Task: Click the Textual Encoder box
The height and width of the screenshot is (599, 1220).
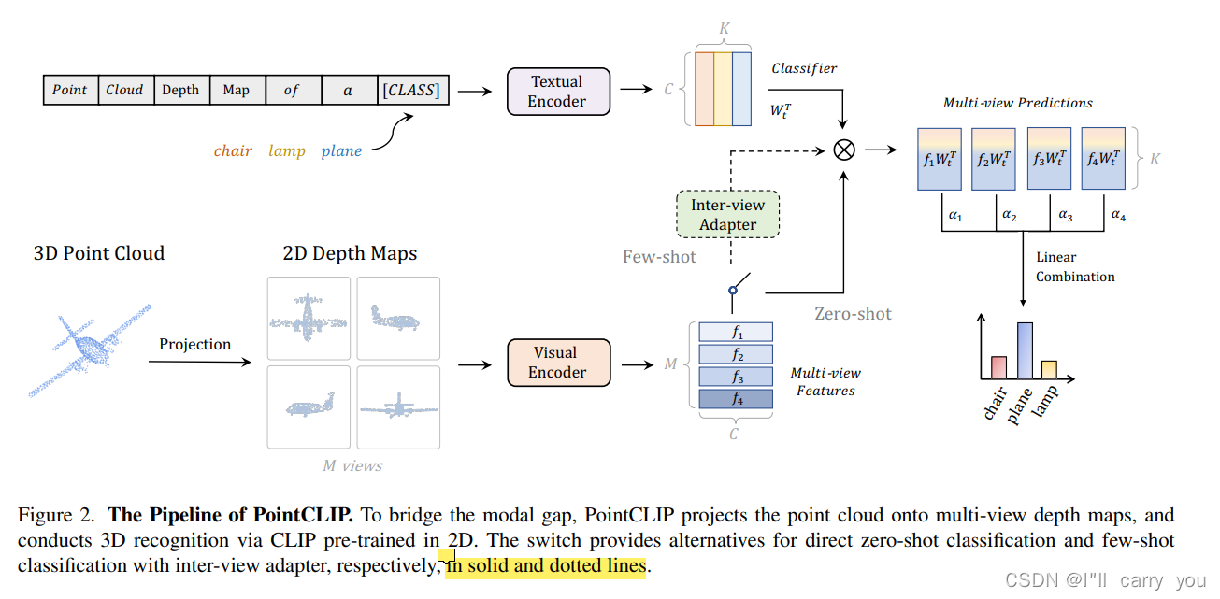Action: [557, 92]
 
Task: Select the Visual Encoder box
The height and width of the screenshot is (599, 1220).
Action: [557, 363]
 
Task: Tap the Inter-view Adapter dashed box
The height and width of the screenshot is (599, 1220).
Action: [727, 215]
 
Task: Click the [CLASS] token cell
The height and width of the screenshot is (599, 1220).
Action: [410, 90]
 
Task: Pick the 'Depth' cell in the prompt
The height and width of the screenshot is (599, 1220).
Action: [180, 90]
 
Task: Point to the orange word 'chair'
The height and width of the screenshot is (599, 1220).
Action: [233, 150]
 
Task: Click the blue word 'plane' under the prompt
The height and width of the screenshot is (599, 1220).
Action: [341, 150]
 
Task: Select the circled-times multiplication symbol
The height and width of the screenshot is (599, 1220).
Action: [843, 150]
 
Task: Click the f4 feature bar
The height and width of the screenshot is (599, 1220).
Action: [737, 399]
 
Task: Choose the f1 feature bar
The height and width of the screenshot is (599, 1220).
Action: [737, 333]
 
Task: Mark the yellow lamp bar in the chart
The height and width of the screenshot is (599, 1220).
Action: [1049, 369]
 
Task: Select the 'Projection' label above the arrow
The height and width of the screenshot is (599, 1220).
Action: [194, 344]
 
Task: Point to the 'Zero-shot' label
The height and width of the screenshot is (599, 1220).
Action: [853, 314]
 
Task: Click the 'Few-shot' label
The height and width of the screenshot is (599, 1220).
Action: [659, 256]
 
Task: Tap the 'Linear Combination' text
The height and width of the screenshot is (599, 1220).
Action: [1075, 267]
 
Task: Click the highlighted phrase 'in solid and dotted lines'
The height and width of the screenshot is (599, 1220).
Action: [546, 566]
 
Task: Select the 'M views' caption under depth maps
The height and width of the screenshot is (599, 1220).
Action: [352, 465]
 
